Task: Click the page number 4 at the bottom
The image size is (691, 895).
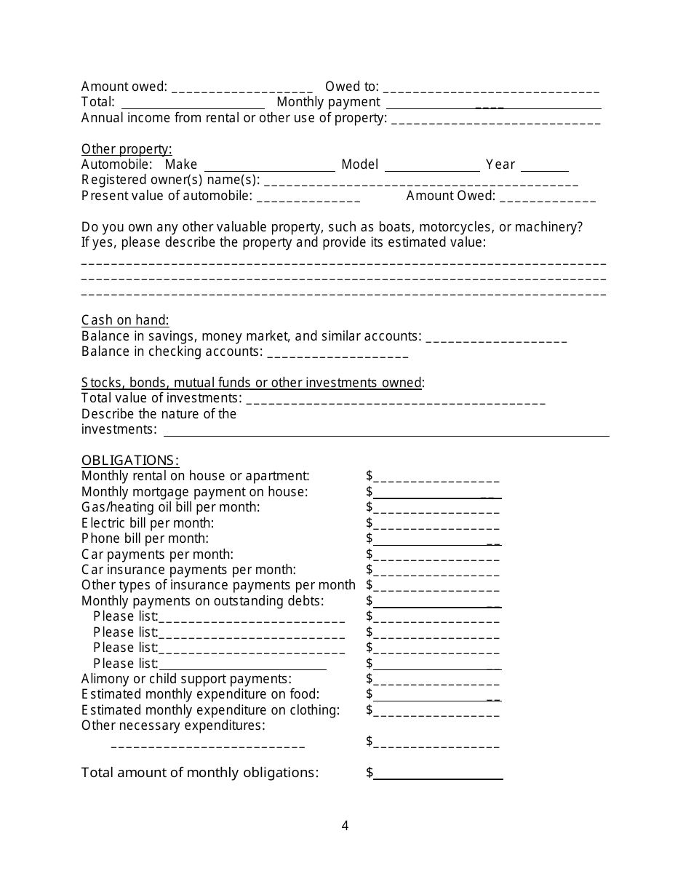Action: point(345,825)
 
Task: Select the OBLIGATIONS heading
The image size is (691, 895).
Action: point(130,460)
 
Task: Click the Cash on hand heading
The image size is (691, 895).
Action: point(125,320)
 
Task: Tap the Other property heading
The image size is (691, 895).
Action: point(127,149)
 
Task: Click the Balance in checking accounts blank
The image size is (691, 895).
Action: point(337,353)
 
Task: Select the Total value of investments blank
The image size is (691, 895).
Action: point(396,399)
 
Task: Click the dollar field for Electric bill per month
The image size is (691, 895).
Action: point(436,524)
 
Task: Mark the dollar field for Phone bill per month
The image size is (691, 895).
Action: point(436,540)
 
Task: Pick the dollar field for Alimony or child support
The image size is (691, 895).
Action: point(436,680)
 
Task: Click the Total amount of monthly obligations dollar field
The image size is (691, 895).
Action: point(437,773)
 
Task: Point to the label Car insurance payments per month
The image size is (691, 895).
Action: point(188,570)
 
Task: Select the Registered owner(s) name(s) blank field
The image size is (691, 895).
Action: point(420,181)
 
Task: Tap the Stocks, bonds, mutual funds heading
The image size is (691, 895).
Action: point(252,383)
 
